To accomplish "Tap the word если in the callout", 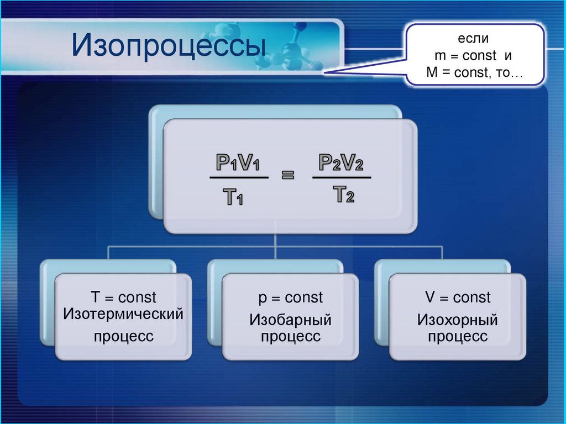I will (x=473, y=39).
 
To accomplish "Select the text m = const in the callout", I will (x=462, y=56).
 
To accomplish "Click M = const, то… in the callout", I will (x=474, y=72).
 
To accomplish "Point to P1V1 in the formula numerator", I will (x=238, y=163).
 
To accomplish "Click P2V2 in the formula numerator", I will (x=341, y=163).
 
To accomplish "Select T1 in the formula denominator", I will (x=233, y=196).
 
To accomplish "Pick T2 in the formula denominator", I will (x=343, y=194).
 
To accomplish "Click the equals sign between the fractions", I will (x=289, y=176).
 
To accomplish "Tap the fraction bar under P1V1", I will (x=239, y=178).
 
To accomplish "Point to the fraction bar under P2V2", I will (x=342, y=177).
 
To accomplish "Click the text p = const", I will (x=290, y=298).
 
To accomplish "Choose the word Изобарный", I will (x=290, y=320).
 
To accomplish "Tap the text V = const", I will (x=458, y=298).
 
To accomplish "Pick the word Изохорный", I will (x=458, y=320).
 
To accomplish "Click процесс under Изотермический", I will (x=123, y=336).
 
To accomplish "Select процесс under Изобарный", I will (x=290, y=337).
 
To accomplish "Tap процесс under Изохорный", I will (x=458, y=337).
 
